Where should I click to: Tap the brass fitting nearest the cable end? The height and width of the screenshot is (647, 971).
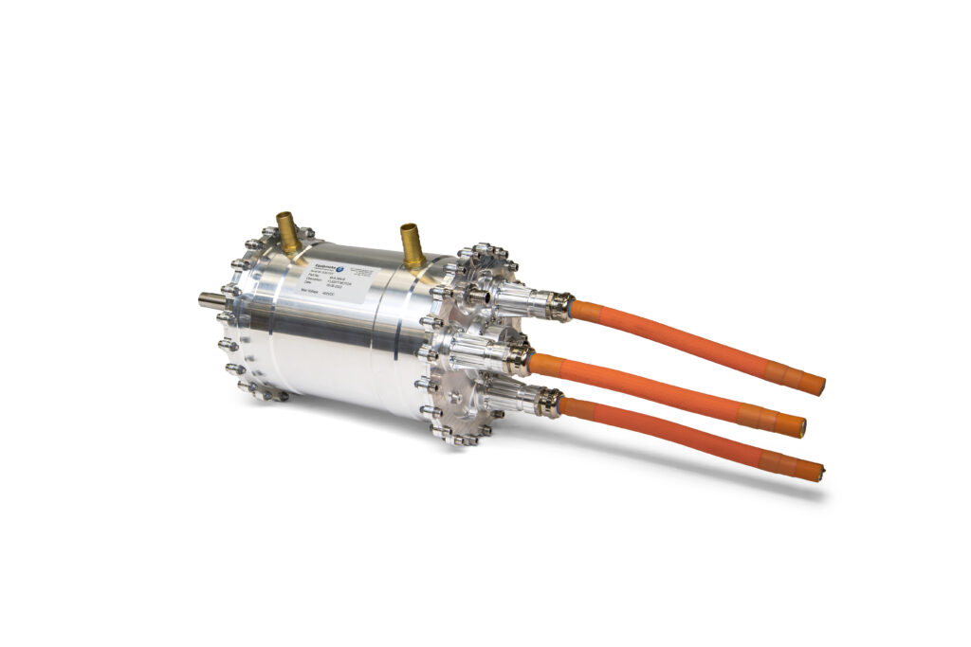pyautogui.click(x=412, y=244)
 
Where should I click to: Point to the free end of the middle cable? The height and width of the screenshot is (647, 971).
pyautogui.click(x=800, y=428)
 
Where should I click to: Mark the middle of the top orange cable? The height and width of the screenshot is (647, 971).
pyautogui.click(x=692, y=346)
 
